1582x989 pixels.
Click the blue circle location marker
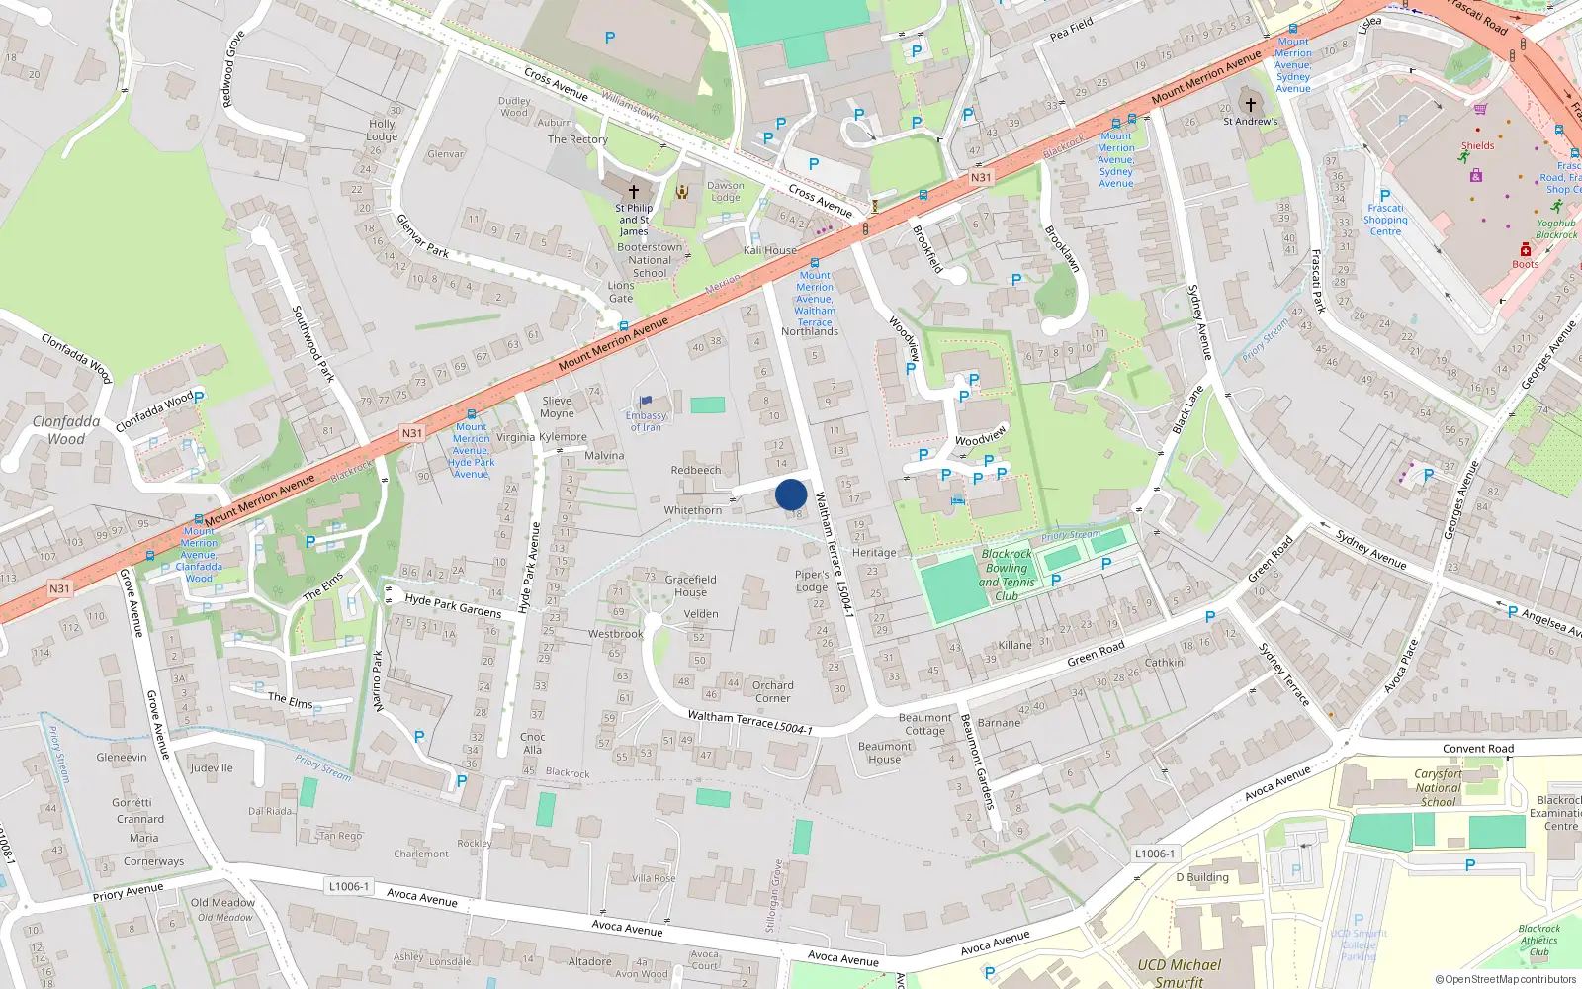tap(791, 494)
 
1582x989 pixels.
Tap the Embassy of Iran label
tap(646, 421)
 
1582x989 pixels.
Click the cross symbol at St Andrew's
tap(1250, 104)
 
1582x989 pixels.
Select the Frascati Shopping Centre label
tap(1385, 220)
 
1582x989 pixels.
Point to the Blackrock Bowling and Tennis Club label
tap(1007, 576)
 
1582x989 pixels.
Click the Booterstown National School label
tap(650, 260)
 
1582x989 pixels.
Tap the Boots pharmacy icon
tap(1525, 250)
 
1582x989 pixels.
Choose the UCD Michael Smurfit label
tap(1179, 972)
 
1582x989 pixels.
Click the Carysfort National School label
tap(1438, 787)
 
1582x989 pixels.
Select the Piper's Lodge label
tap(812, 581)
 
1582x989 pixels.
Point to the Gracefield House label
tap(690, 585)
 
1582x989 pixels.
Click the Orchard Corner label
tap(772, 691)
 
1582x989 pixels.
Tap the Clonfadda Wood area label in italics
tap(66, 430)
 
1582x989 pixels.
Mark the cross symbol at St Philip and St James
tap(633, 191)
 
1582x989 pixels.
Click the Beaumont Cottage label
tap(924, 724)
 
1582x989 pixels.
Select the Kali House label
tap(770, 250)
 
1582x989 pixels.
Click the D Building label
tap(1202, 877)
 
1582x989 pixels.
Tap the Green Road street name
tap(1096, 653)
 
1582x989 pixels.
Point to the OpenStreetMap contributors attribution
tap(1510, 979)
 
